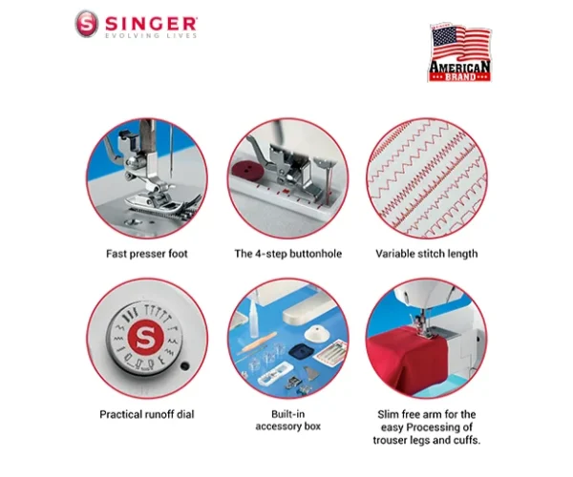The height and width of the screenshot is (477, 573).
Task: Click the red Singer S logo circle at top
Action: tap(86, 24)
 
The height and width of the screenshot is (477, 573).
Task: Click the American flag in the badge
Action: tap(458, 44)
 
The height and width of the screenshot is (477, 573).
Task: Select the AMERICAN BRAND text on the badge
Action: tap(459, 71)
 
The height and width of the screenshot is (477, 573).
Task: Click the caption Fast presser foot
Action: tap(146, 254)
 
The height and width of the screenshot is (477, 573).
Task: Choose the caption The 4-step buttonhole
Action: tap(287, 254)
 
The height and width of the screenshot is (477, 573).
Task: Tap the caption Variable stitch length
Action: tap(426, 254)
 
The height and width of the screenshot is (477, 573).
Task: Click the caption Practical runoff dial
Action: tap(146, 414)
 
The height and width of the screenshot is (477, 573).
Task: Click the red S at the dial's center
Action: tap(146, 337)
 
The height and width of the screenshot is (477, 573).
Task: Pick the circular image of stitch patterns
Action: tap(426, 177)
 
